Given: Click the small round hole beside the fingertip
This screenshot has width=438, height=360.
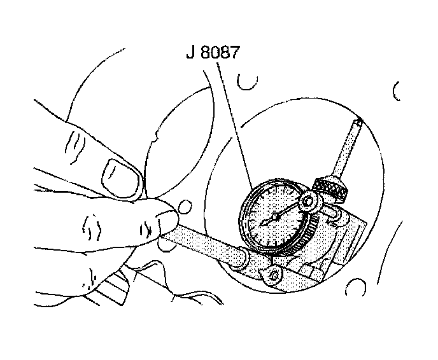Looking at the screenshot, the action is [185, 207].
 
